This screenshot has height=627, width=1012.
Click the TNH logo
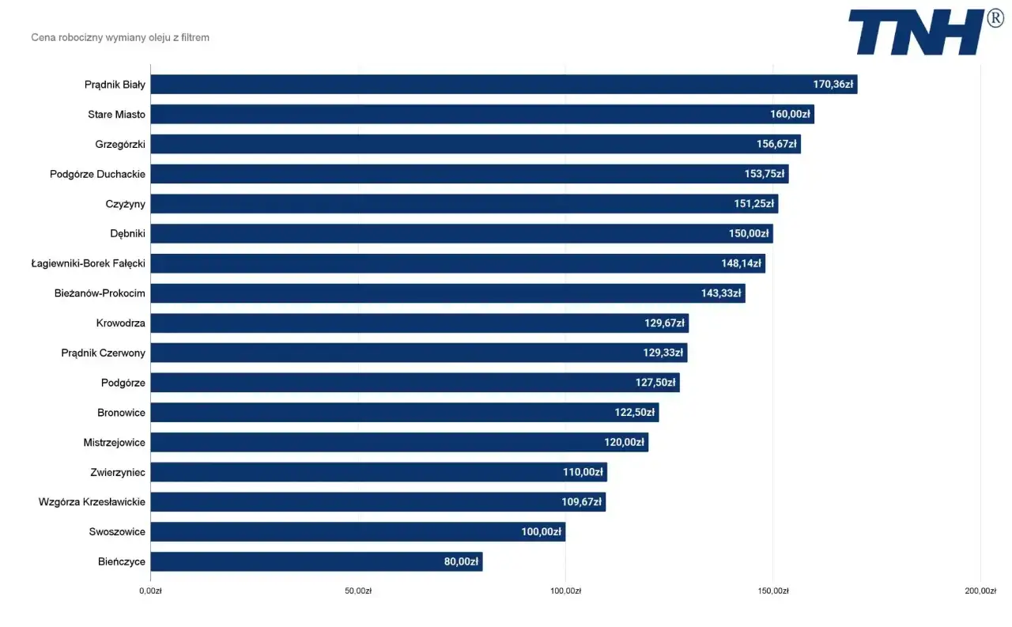pos(917,32)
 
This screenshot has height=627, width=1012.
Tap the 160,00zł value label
pos(790,115)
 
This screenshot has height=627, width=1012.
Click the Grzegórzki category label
pos(120,144)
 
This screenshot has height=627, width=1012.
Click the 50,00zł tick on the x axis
pos(358,591)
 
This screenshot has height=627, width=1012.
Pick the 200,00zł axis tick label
pos(980,591)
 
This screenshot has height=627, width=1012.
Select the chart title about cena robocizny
pos(120,37)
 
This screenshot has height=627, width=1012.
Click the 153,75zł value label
pos(765,174)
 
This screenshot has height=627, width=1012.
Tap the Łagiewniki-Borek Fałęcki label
pos(88,263)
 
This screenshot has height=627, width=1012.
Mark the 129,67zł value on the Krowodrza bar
pos(664,323)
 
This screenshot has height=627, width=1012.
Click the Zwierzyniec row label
pos(118,472)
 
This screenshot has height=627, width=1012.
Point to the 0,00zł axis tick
pos(150,591)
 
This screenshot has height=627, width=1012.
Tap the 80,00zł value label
pos(461,562)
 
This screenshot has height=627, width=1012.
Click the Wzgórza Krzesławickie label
pos(92,502)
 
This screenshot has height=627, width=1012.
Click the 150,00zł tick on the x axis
pos(772,591)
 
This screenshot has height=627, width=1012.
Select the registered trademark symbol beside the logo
pos(995,19)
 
